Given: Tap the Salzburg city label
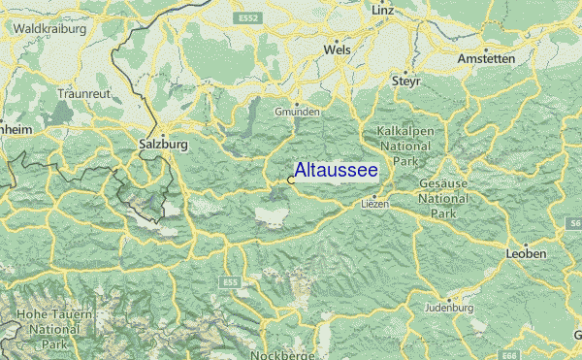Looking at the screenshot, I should [x=163, y=144].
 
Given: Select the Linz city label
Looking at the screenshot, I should [x=383, y=10].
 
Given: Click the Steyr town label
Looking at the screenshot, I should [x=405, y=82].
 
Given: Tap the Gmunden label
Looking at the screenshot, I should [x=298, y=112].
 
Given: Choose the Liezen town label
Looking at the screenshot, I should [x=374, y=204].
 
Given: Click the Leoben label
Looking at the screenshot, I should [x=526, y=253].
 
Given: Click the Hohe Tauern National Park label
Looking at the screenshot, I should [x=48, y=330].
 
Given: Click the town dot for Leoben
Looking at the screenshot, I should [x=525, y=244].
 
